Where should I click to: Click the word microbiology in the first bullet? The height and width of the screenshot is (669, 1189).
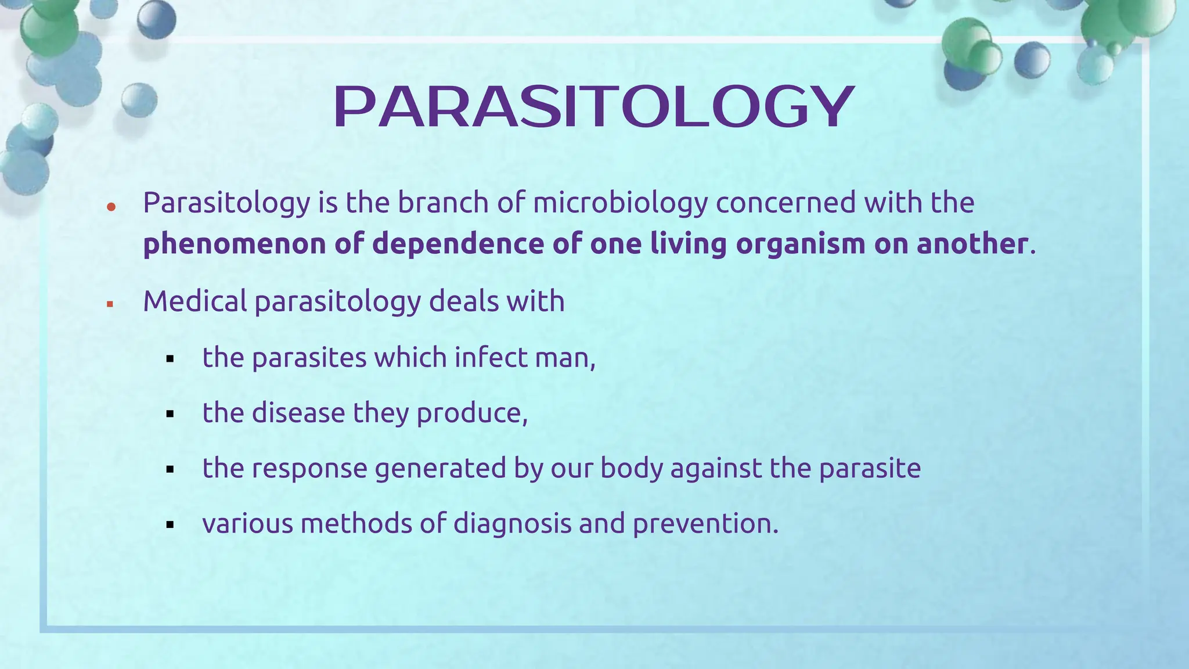point(620,203)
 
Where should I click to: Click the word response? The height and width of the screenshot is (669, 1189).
point(309,469)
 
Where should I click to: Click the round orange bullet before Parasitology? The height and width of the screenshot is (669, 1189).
point(111,207)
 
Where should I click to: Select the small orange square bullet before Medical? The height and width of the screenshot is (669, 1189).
point(110,304)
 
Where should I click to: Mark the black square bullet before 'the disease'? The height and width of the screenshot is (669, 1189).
point(170,415)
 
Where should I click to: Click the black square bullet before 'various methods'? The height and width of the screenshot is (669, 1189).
point(170,525)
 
